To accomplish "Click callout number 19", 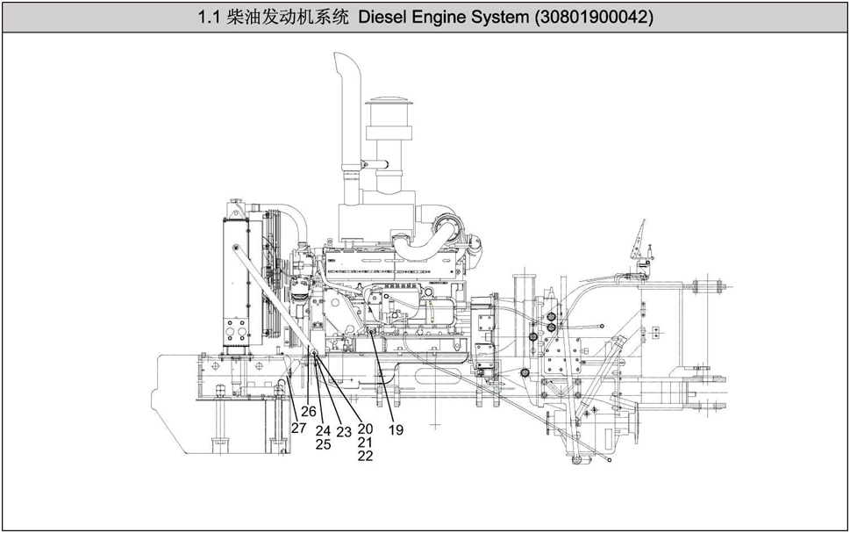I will [396, 430].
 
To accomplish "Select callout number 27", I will [299, 428].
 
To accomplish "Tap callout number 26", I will [309, 411].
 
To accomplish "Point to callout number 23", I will [344, 432].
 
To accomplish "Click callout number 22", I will [366, 456].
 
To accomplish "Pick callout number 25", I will [323, 444].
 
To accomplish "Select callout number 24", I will [323, 431].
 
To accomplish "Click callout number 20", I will [366, 429].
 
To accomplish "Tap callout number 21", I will [366, 443].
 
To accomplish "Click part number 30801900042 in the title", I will [593, 18].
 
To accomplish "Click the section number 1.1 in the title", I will [210, 18].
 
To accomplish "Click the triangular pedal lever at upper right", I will [641, 235].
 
